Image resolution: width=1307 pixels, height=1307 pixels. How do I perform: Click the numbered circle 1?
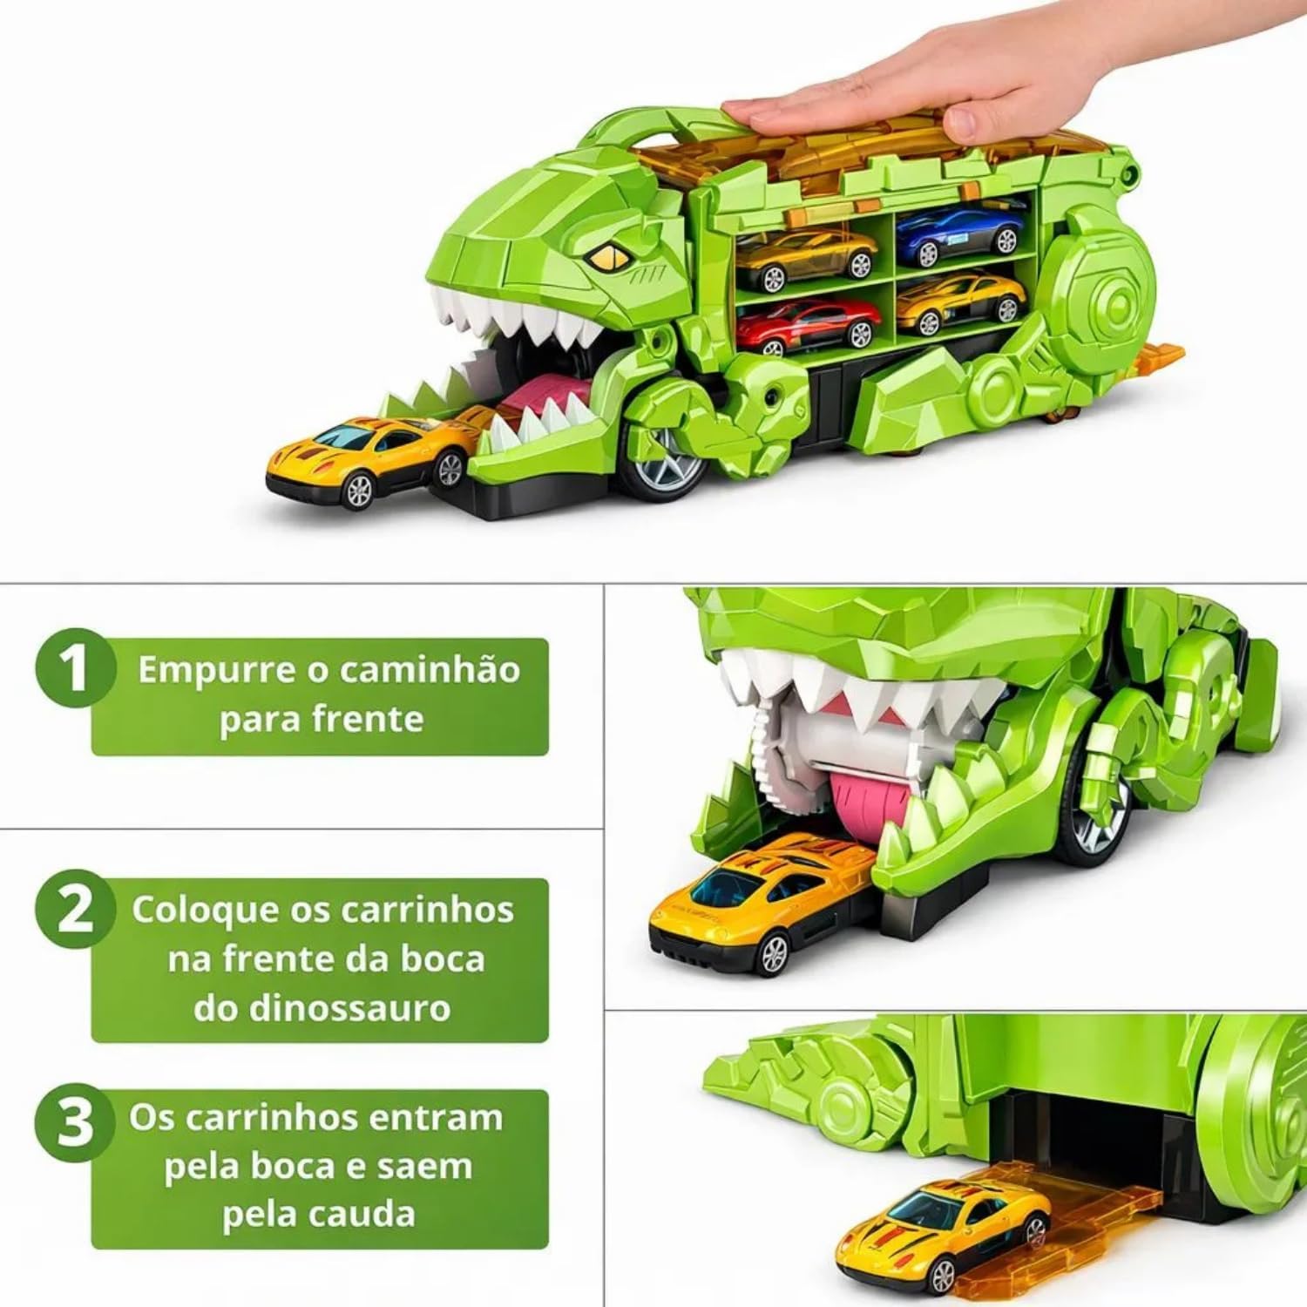(76, 669)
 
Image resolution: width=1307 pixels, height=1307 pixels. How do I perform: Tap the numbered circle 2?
(76, 909)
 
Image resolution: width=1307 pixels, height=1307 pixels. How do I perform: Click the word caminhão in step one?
(430, 670)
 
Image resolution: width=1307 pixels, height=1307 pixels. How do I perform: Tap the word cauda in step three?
(366, 1215)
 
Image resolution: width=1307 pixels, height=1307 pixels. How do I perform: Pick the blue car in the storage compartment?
(959, 233)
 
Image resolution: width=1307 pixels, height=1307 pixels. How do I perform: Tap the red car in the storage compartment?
(809, 324)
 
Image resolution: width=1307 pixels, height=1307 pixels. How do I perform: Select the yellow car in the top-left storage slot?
(805, 257)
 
